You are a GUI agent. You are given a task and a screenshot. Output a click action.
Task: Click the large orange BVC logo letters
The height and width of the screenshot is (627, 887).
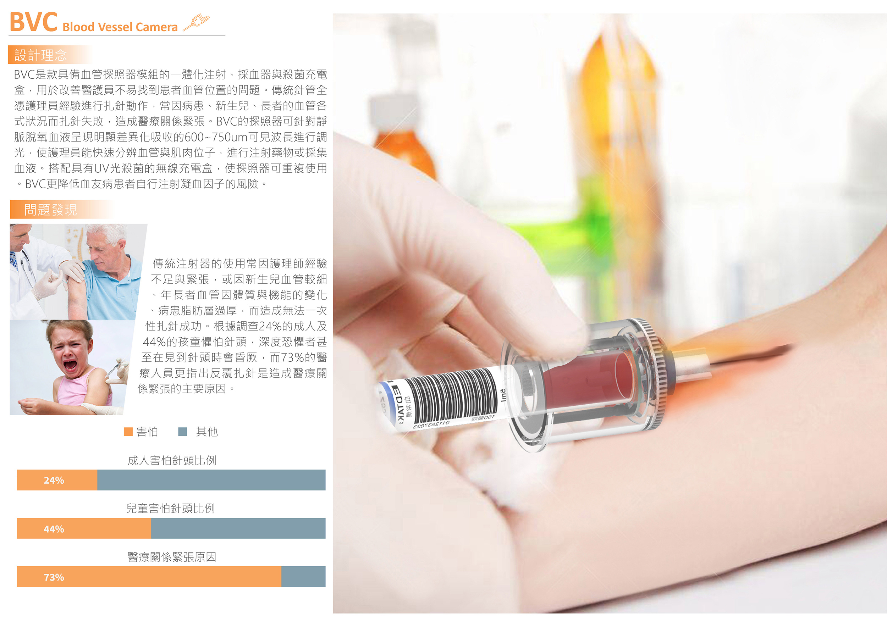click(34, 22)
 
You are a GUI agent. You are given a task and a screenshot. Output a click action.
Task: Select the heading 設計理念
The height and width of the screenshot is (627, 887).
click(40, 55)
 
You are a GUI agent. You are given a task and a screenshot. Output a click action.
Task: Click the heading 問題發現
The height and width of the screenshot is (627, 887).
click(51, 210)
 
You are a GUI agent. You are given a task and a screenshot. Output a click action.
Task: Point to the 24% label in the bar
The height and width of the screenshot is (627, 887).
click(54, 480)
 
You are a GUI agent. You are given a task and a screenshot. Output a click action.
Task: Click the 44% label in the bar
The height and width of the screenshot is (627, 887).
click(54, 529)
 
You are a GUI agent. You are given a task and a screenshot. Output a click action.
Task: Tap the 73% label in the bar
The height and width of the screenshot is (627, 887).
click(54, 577)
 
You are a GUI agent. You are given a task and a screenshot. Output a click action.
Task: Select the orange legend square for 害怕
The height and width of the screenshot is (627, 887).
click(128, 432)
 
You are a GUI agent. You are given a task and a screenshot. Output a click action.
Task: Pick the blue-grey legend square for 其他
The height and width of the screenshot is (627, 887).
click(183, 432)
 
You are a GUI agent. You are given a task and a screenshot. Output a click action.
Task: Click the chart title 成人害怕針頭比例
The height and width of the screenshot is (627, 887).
click(172, 460)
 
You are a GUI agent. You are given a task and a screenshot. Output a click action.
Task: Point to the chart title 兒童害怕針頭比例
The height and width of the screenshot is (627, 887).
click(171, 509)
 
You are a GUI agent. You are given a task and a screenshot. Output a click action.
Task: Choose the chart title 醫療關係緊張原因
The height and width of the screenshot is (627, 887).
click(172, 557)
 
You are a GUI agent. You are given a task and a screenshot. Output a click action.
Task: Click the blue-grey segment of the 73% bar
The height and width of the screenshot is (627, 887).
click(303, 576)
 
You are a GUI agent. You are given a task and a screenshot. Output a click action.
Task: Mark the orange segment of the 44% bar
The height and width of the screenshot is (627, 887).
click(84, 528)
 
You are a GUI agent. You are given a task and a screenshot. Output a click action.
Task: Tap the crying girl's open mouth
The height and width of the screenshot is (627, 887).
click(70, 365)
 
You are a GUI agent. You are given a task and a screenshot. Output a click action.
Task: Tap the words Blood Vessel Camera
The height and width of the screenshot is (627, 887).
click(120, 27)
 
